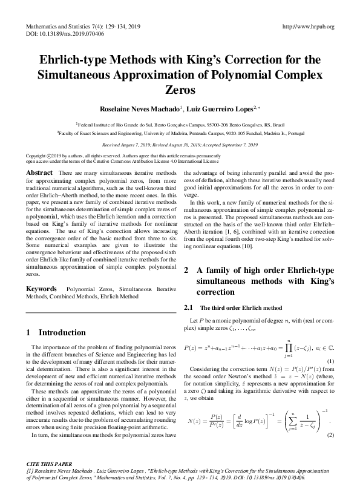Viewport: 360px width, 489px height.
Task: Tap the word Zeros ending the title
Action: coord(180,90)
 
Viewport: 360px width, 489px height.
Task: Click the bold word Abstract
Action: coord(39,173)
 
